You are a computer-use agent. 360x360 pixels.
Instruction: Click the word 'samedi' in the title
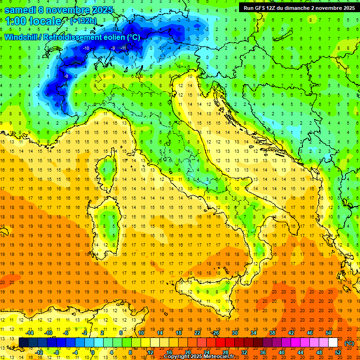pos(20,10)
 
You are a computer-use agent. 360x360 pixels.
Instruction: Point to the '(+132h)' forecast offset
pos(84,21)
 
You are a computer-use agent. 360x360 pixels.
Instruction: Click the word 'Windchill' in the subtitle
pos(22,37)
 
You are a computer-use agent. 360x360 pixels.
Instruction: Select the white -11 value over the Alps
pos(123,48)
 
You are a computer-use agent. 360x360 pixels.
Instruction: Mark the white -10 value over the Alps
pos(86,48)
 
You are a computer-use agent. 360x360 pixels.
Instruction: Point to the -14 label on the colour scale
pos(30,333)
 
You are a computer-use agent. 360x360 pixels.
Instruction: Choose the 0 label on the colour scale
pos(93,352)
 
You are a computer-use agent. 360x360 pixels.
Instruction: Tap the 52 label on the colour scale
pos(338,352)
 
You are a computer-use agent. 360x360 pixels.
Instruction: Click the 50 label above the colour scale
pos(329,333)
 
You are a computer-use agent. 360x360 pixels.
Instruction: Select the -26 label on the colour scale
pos(216,333)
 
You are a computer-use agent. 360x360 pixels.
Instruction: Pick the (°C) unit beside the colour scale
pos(349,343)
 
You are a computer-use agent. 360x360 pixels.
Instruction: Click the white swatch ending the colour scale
pos(333,343)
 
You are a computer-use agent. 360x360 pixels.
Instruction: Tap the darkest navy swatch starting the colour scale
pos(23,343)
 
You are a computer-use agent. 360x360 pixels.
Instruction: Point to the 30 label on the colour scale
pos(234,333)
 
